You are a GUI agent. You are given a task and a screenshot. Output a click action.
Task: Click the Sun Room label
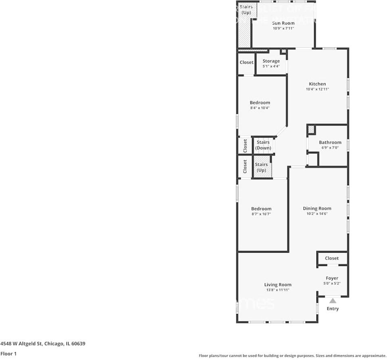(283, 23)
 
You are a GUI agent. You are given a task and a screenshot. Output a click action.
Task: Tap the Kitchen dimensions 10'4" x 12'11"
(317, 89)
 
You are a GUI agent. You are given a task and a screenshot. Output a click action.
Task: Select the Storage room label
(271, 61)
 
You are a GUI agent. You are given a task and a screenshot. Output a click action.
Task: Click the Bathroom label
(330, 142)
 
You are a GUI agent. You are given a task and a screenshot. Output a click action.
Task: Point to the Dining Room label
(317, 208)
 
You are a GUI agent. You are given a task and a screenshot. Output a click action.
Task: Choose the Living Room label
(278, 285)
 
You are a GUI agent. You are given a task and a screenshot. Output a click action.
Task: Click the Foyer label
(332, 278)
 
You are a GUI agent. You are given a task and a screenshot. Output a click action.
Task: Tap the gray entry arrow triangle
(333, 300)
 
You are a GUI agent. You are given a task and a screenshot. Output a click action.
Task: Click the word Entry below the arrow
(333, 309)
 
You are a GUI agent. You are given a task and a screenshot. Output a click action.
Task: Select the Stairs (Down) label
(263, 145)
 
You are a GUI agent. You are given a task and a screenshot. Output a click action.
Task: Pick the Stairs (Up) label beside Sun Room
(246, 10)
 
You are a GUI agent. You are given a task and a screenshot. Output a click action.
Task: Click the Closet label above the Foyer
(332, 258)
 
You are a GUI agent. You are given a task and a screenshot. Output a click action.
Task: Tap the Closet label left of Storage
(246, 62)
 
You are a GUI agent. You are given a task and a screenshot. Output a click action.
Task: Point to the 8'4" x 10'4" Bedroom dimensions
(260, 108)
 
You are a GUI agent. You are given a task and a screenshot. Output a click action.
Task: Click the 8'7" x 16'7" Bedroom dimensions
(261, 214)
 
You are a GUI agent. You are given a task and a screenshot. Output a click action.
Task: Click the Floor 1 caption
(8, 354)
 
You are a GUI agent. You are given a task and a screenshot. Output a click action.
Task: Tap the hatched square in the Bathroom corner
(311, 130)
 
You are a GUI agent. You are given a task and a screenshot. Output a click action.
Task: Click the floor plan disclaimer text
(292, 356)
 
